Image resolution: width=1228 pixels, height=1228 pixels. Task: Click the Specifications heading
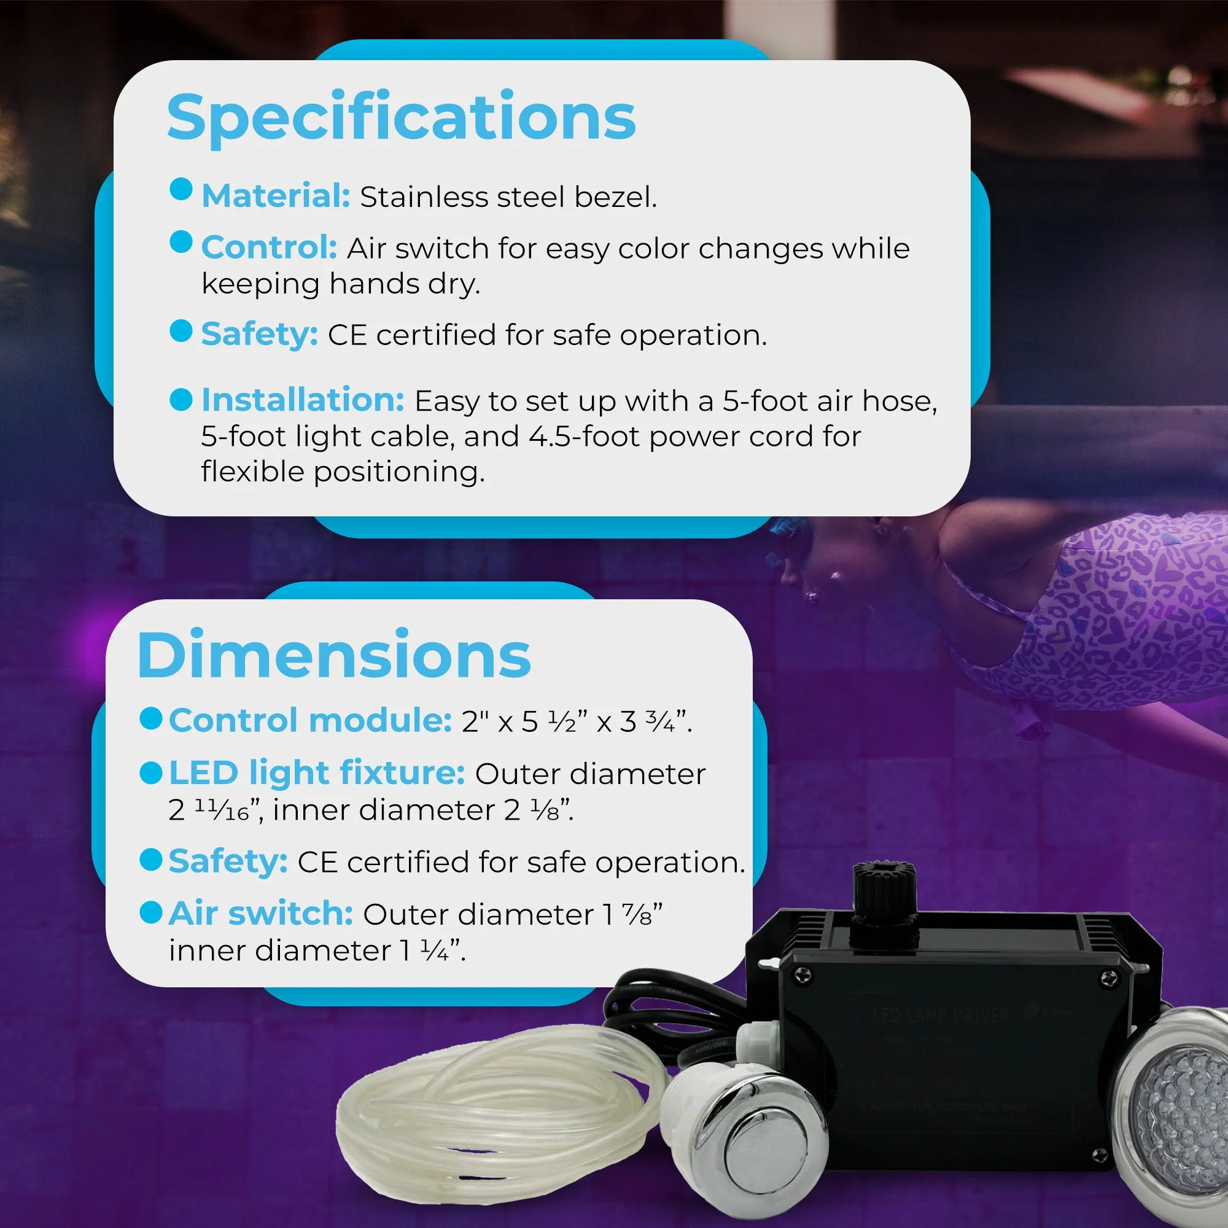(401, 119)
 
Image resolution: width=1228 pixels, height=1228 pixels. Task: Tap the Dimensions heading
(333, 655)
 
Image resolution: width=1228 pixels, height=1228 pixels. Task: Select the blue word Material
(275, 196)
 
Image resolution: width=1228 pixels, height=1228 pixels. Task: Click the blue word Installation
(303, 400)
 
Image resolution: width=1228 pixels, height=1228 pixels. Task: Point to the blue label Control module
(309, 720)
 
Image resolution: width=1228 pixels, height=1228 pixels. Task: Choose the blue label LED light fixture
(317, 773)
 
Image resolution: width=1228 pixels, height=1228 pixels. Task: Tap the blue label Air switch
(260, 914)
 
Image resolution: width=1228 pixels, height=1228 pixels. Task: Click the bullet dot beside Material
(181, 188)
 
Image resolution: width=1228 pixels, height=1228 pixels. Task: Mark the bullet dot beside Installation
(181, 399)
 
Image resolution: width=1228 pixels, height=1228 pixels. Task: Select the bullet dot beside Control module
(150, 718)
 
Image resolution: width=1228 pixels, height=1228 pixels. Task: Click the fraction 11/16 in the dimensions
(221, 810)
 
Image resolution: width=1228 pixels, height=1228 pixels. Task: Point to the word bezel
(615, 197)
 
